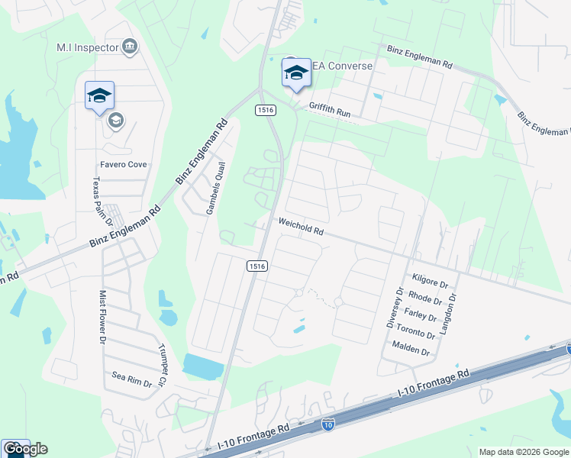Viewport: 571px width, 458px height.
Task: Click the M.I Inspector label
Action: point(88,47)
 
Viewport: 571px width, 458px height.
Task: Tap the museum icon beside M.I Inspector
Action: point(130,47)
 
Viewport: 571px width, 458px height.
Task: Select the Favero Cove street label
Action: point(122,164)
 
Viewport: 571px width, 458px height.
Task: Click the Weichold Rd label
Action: point(301,228)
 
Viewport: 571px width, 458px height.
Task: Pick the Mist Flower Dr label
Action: point(102,314)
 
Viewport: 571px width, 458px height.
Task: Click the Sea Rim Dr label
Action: point(133,376)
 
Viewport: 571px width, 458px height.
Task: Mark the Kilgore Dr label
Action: point(427,282)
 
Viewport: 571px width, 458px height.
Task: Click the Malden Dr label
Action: point(411,353)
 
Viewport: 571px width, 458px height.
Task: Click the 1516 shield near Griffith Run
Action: point(265,111)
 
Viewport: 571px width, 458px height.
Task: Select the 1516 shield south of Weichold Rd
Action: point(256,266)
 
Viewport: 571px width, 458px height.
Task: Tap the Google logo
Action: point(25,449)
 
